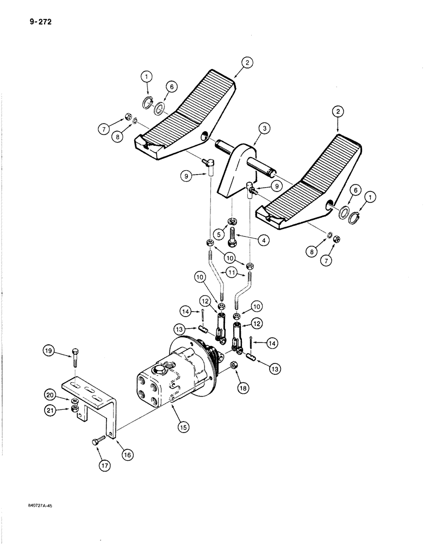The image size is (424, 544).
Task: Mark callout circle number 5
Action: click(219, 234)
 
